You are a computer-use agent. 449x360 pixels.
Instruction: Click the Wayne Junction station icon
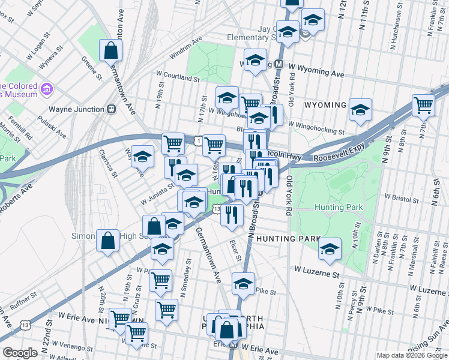(111, 110)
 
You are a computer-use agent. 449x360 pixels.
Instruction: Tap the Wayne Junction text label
(77, 110)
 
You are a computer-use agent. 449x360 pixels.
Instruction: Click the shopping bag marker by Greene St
(111, 51)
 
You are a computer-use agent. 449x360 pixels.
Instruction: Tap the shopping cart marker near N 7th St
(423, 106)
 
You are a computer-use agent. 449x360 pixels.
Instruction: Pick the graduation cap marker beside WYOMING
(360, 110)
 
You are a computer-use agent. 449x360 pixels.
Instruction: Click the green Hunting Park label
(339, 207)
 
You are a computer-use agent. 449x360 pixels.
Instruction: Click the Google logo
(20, 353)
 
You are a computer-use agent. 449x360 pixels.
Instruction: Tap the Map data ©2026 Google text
(411, 355)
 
